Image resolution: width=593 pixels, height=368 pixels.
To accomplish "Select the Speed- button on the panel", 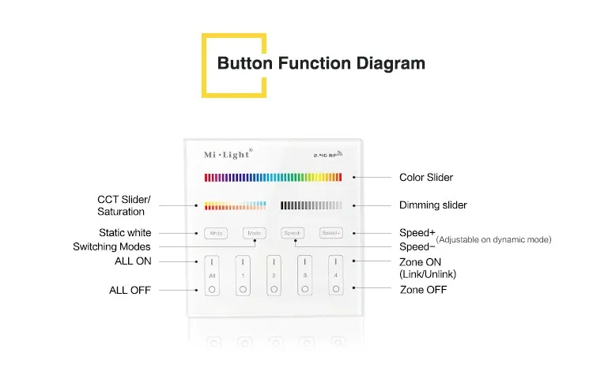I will (292, 233).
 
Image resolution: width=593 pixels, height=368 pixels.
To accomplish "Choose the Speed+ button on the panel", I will (330, 233).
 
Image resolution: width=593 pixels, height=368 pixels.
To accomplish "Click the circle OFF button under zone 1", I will (243, 289).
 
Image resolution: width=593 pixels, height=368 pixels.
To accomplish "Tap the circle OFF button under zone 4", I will (336, 289).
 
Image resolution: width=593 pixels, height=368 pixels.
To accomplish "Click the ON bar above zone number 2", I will (274, 261).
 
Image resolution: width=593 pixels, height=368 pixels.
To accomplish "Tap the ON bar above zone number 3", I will (305, 261).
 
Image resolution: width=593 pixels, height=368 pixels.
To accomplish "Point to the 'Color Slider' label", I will (426, 178).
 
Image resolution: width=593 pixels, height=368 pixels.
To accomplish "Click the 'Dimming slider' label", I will (433, 205).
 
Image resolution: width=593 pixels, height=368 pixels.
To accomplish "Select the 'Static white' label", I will (125, 233).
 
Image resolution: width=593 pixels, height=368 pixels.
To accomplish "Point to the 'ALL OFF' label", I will (130, 291).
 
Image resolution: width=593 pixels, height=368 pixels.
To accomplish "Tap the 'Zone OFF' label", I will (423, 290).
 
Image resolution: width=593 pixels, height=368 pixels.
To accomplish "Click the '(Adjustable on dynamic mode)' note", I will (493, 239).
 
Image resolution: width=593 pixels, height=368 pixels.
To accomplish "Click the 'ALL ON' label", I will (133, 261).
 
